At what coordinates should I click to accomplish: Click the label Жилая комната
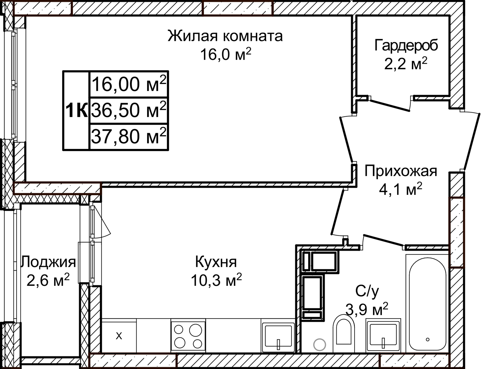225,36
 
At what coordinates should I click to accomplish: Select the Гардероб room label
406,45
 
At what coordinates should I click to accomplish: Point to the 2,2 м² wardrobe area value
405,64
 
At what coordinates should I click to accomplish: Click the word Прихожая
400,171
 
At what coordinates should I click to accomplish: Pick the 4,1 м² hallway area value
400,189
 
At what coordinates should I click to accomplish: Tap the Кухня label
216,262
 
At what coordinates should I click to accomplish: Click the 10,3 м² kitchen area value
216,280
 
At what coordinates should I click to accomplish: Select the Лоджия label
48,262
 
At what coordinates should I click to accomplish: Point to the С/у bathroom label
367,291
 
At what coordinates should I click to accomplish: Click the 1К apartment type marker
76,110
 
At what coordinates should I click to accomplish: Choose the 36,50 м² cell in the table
129,110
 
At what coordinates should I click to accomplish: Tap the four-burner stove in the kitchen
188,336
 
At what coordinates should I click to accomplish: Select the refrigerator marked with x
119,336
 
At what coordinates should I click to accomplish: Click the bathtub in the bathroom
427,304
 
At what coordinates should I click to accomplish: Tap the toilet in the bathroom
343,334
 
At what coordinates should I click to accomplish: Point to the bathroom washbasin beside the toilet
383,335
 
